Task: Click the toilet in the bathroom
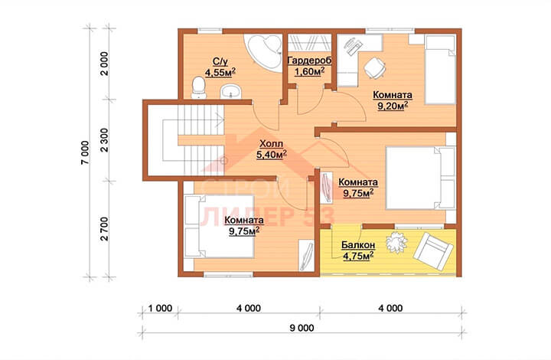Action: point(198,87)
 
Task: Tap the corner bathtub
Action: point(265,52)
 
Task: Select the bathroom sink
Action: point(230,92)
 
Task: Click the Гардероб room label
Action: point(309,61)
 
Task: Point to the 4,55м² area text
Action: point(220,72)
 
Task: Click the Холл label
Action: point(271,144)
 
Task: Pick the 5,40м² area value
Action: point(271,155)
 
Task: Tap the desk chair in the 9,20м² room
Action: point(374,67)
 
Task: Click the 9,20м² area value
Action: point(393,106)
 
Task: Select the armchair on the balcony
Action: point(433,250)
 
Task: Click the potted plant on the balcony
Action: point(396,242)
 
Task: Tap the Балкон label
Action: point(358,244)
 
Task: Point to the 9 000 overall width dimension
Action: point(302,328)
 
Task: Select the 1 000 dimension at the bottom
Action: point(160,309)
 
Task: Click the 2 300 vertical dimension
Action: point(104,140)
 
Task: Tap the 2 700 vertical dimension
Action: point(104,229)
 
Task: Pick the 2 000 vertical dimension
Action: point(104,64)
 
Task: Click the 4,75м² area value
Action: point(357,256)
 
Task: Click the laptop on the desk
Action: point(352,46)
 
